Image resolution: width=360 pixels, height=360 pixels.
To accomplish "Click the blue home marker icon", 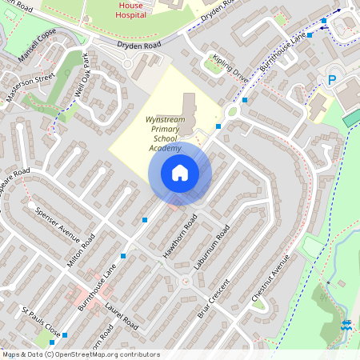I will pos(180,173).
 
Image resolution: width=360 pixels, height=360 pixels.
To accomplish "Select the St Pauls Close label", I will pos(41,320).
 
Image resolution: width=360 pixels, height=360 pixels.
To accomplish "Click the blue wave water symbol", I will pos(347,326).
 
